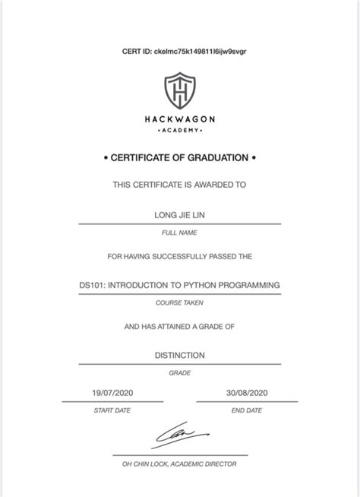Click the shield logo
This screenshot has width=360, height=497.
tap(179, 91)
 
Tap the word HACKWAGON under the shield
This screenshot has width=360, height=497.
tap(179, 119)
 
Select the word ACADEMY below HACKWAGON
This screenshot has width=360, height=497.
tap(179, 130)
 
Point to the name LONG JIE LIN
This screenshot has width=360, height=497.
tap(179, 215)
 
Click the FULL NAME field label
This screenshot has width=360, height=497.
tap(179, 233)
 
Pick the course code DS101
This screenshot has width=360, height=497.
tap(92, 285)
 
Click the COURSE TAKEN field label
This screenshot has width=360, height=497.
tap(179, 302)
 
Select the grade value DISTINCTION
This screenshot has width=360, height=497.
tap(179, 355)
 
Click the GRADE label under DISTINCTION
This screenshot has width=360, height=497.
tap(179, 372)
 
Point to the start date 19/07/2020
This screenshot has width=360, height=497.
tap(112, 392)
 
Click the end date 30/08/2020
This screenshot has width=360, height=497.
tap(247, 392)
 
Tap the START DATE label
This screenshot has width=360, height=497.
tap(112, 410)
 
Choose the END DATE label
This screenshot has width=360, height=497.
tap(247, 410)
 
